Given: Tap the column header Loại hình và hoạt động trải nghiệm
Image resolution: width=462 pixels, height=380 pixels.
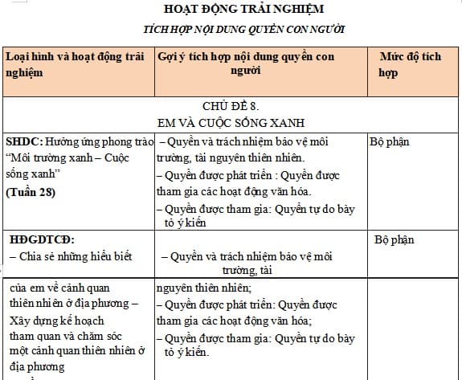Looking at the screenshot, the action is (x=76, y=64).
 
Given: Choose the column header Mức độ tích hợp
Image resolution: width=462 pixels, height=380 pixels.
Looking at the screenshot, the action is (x=410, y=64).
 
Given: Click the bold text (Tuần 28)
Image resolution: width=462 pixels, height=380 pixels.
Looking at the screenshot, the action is (x=31, y=192).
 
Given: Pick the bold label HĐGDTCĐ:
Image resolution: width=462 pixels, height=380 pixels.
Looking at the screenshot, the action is (x=41, y=239).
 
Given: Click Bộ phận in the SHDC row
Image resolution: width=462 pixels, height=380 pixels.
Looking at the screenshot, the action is (x=390, y=142).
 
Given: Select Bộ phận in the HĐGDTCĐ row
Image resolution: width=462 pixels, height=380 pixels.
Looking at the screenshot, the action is (x=395, y=239).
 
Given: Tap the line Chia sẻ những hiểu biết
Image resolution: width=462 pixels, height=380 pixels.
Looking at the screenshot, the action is (x=70, y=257).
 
